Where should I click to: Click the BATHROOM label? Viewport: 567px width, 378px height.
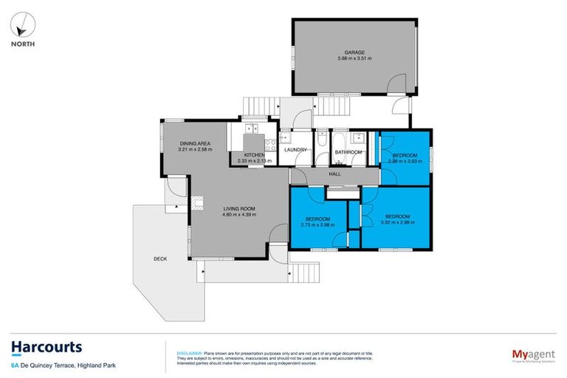(348, 152)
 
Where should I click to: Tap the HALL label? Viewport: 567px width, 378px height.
(335, 173)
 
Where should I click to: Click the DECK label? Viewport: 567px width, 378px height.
(160, 258)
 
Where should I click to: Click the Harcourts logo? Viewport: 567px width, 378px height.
(46, 348)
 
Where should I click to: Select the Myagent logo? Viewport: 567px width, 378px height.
(526, 353)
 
